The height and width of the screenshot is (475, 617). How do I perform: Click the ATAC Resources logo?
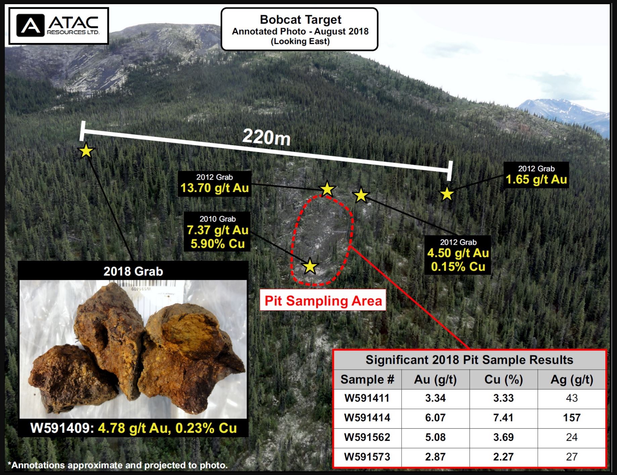click(59, 26)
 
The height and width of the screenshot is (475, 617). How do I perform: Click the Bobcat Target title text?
click(300, 19)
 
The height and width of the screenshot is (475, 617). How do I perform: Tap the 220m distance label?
click(267, 137)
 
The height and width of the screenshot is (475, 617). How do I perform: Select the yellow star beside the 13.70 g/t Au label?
click(327, 189)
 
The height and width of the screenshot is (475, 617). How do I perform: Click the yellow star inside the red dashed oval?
click(310, 266)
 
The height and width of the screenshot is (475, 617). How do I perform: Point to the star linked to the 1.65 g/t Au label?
click(447, 194)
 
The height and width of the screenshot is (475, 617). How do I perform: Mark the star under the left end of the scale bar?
click(86, 151)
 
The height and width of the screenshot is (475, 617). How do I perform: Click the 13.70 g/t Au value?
click(215, 188)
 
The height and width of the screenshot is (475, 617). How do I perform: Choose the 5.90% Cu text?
click(218, 244)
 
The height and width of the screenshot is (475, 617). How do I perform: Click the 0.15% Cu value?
click(458, 267)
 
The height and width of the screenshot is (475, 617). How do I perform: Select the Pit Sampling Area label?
click(323, 300)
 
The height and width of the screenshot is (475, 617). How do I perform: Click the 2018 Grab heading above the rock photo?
click(133, 271)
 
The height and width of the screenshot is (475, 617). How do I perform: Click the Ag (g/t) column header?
click(572, 380)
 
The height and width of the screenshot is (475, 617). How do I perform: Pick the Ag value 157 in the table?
click(572, 418)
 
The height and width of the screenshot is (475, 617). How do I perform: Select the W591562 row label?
click(367, 437)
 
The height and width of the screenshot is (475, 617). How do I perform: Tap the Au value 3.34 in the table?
click(435, 398)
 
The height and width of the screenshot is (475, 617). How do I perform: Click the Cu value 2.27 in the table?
click(503, 457)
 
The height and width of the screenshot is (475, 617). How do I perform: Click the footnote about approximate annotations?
click(117, 465)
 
